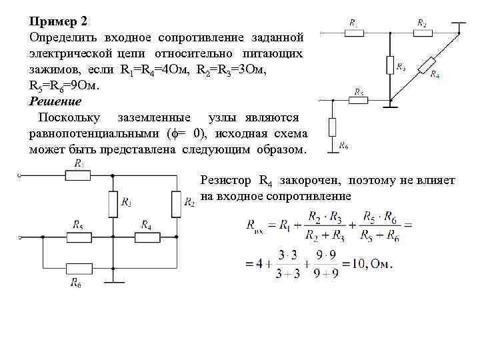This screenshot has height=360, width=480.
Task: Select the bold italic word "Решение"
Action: click(x=55, y=102)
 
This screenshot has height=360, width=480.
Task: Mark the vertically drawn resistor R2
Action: click(x=175, y=203)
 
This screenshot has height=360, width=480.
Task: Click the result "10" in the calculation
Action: click(x=360, y=263)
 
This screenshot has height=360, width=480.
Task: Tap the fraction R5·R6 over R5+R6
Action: click(x=378, y=225)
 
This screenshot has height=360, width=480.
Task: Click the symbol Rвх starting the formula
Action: click(x=255, y=226)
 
